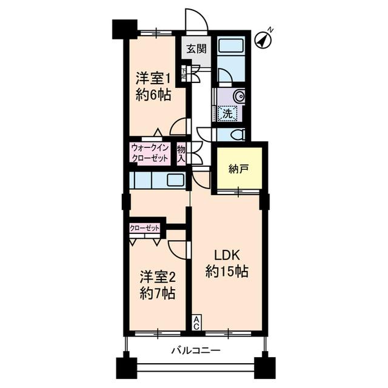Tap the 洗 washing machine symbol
pyautogui.click(x=227, y=112)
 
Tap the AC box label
pyautogui.click(x=197, y=323)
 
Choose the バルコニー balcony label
pyautogui.click(x=195, y=350)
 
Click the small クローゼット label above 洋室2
pyautogui.click(x=145, y=228)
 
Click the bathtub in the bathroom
pyautogui.click(x=230, y=47)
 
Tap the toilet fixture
pyautogui.click(x=238, y=135)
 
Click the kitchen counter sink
pyautogui.click(x=175, y=179)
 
